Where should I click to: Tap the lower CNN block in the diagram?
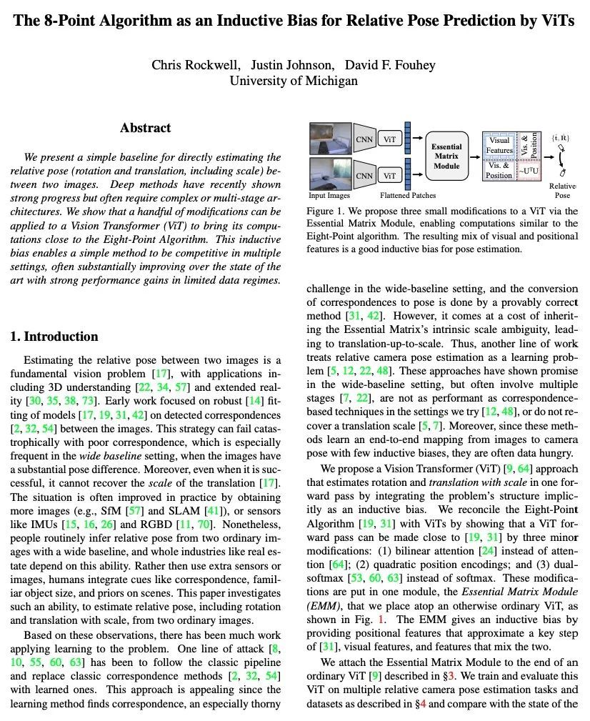[x=365, y=175]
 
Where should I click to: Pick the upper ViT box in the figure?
[x=389, y=139]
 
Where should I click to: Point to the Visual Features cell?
[x=499, y=146]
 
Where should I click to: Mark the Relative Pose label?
[x=563, y=190]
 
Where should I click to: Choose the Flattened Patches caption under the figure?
[x=407, y=195]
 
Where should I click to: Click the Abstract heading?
[x=145, y=128]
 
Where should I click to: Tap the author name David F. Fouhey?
[x=390, y=65]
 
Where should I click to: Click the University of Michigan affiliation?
[x=294, y=80]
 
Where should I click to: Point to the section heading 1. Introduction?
[x=54, y=337]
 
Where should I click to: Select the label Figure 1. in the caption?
[x=326, y=212]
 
